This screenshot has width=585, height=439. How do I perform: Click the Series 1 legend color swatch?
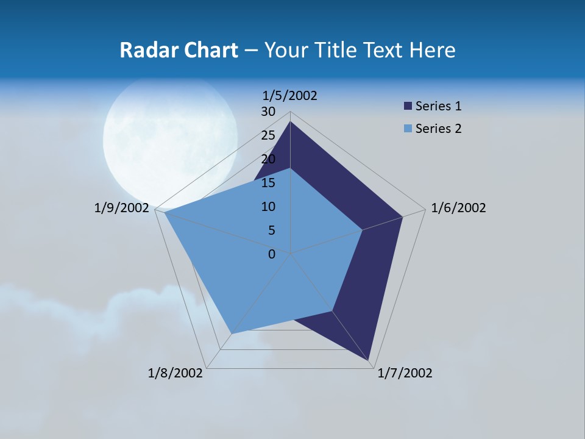408,107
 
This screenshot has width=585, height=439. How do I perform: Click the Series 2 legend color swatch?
408,129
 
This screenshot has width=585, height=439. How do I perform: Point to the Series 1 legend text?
438,106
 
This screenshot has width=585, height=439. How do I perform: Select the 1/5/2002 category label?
289,96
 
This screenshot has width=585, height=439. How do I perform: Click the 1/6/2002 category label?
458,208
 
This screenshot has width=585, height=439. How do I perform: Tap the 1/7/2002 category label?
405,373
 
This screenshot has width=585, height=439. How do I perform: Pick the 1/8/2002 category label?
175,373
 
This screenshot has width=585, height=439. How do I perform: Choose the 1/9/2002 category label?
122,208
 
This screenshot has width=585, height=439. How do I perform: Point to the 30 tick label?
268,112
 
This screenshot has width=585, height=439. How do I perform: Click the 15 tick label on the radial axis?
268,183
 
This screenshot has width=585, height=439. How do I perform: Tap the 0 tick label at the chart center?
272,254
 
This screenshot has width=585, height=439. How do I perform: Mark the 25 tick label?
268,135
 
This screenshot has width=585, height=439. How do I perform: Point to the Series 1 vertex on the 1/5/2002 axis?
291,122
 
